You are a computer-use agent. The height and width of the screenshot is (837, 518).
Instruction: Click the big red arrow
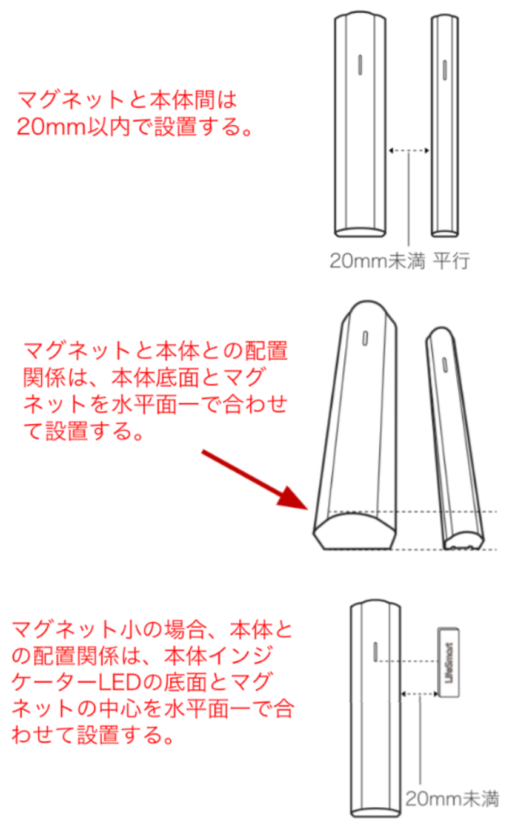point(255,479)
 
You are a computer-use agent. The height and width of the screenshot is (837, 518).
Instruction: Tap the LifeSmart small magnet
point(448,663)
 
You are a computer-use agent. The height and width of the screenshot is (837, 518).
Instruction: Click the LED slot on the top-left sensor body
point(360,65)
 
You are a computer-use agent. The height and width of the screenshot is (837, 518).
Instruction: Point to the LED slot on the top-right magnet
point(445,70)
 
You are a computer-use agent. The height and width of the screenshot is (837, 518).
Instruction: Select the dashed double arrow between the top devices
point(409,151)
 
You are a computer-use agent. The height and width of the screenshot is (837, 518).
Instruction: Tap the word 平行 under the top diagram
point(451,261)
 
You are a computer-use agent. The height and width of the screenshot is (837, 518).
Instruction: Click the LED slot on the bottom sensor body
point(376,651)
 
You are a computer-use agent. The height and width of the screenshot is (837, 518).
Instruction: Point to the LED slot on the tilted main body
point(365,338)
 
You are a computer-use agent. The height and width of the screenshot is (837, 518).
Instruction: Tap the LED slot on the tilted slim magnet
point(445,365)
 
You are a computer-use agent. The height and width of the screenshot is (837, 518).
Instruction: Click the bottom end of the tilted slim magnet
point(463,540)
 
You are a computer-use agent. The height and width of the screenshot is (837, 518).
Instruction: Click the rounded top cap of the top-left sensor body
point(360,16)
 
